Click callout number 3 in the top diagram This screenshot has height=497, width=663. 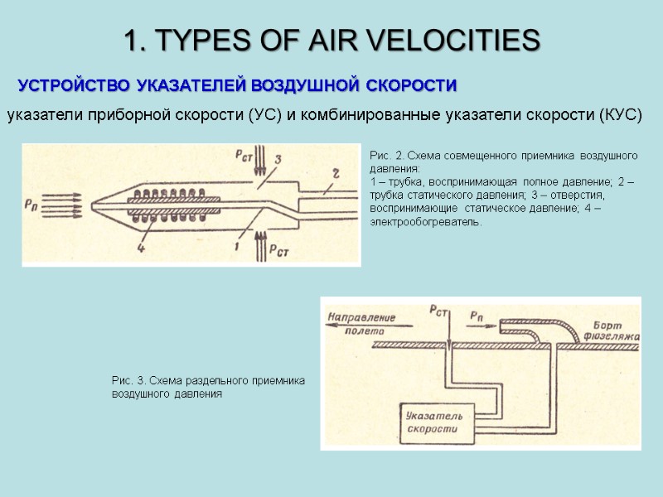pos(278,158)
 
